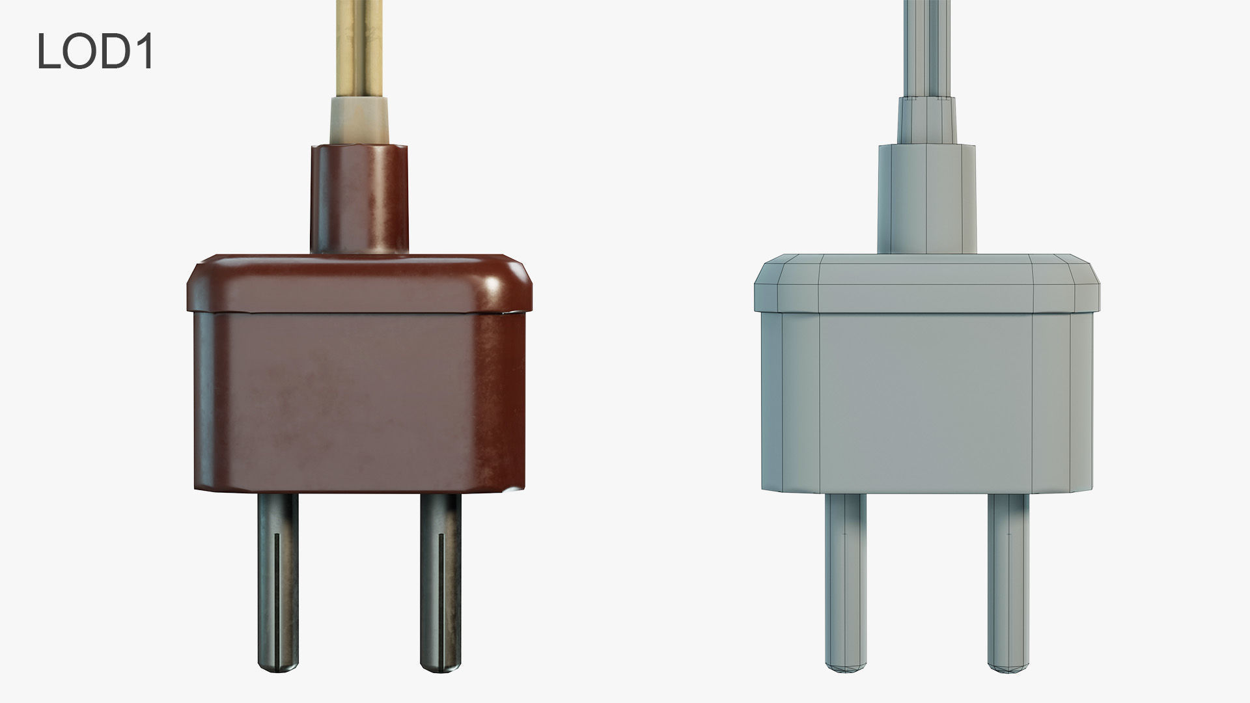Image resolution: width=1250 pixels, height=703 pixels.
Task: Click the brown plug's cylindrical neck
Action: click(x=359, y=199)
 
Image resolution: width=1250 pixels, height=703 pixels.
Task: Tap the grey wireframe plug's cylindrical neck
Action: click(x=927, y=199)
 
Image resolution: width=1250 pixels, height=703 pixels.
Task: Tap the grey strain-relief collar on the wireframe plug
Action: click(x=927, y=120)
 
